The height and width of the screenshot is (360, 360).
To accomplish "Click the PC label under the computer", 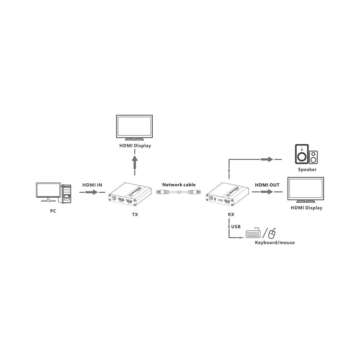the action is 53,211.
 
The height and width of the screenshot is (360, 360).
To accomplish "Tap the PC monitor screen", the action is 48,190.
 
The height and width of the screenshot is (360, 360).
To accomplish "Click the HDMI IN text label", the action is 92,185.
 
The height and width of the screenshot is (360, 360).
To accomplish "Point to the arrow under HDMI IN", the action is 91,192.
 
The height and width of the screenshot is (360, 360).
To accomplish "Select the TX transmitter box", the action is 130,194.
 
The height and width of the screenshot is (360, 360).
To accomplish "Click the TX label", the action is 135,215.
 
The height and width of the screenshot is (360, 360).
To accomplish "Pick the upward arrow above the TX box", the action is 135,162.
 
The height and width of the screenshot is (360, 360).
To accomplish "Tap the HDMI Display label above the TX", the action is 135,145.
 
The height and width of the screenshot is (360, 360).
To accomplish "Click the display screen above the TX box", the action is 134,126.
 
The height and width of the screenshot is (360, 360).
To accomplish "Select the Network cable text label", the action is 179,185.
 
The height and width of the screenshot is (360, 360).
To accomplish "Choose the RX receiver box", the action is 227,194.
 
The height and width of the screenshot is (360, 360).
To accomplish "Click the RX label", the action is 231,215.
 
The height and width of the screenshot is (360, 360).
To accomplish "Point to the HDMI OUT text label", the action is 267,185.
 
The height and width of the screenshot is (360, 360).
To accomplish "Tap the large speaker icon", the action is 302,154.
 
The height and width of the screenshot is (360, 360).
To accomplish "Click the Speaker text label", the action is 307,170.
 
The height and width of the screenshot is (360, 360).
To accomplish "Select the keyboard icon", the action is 253,233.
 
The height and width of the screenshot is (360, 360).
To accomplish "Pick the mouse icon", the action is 272,234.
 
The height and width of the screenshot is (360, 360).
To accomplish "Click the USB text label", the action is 236,226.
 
